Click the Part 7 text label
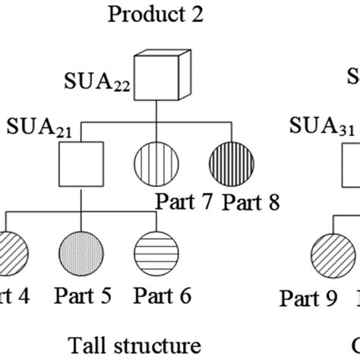point(185,202)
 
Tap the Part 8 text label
point(251,202)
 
